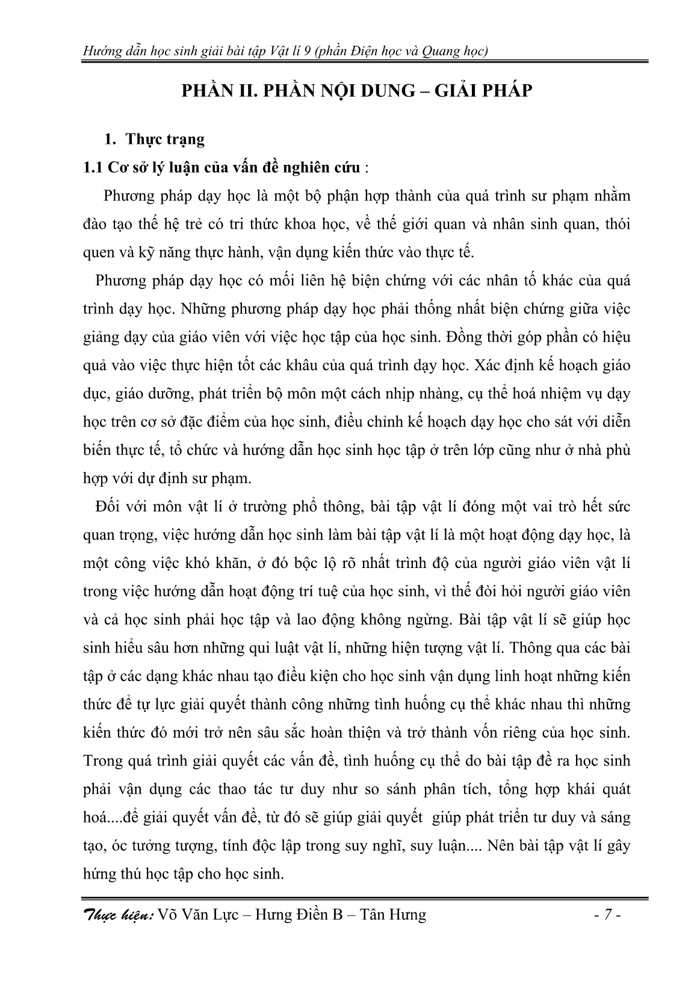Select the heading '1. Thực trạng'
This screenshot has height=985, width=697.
coord(155,140)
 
